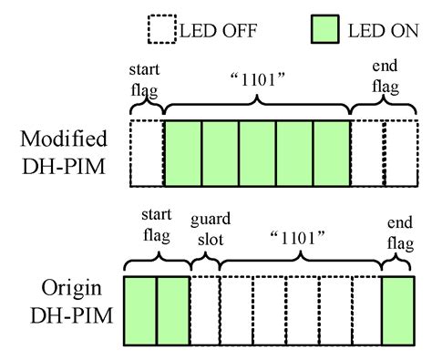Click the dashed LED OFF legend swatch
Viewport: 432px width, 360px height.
click(x=160, y=29)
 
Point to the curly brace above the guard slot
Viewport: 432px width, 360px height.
click(x=204, y=265)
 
